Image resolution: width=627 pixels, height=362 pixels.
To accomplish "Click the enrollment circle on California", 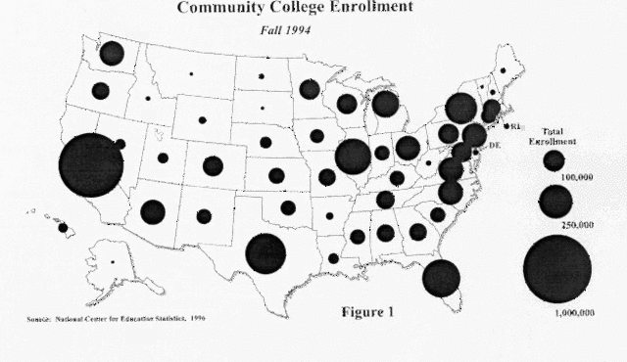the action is [91, 164].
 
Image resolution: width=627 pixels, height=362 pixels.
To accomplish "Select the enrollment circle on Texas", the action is [265, 253].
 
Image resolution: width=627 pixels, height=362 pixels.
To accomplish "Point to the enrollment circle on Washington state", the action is [112, 53].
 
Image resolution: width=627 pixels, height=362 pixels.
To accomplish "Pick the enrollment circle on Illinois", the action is [352, 155].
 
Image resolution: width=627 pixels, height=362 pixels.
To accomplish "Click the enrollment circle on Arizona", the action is [152, 211].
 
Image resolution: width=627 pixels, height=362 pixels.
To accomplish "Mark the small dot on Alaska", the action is [112, 261].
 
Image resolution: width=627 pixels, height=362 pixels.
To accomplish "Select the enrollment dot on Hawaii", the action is [63, 227].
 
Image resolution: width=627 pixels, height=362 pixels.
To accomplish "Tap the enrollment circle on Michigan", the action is [385, 103].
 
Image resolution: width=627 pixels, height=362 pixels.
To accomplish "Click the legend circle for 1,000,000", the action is [557, 269].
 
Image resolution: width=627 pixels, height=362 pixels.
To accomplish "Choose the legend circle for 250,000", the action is [555, 201].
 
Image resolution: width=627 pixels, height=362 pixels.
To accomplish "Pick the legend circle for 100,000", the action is [555, 158].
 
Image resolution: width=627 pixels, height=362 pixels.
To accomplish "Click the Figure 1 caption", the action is [366, 313].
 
